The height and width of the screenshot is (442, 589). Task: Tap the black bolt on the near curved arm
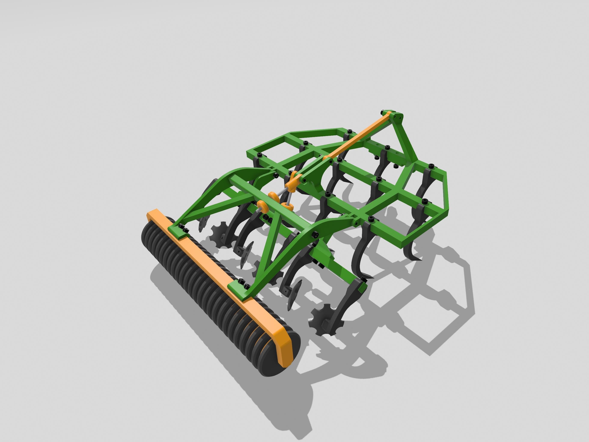315,234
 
